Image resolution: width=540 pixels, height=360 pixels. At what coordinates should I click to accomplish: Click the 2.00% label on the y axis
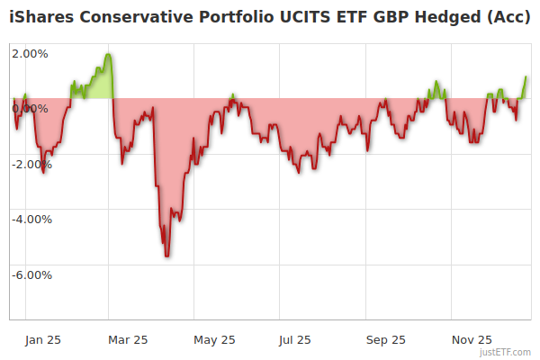coord(30,53)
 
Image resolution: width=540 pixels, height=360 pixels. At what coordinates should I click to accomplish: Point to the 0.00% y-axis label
coord(30,109)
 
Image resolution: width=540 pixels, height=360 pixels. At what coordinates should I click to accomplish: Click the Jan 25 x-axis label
coord(42,339)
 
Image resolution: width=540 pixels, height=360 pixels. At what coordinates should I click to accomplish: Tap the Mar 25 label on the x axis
coord(128,339)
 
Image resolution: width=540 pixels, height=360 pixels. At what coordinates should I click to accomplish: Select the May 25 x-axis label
coord(214,339)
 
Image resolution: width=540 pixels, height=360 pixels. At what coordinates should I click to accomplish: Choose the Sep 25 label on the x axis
coord(386,339)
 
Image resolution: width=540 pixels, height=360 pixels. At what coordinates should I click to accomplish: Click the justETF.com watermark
coord(505,352)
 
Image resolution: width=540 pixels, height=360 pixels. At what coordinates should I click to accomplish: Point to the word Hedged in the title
coord(440,17)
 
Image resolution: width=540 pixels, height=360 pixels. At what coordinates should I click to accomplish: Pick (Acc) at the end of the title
coord(508,17)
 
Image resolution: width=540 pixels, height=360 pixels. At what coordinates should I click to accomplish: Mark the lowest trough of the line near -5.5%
coord(167,256)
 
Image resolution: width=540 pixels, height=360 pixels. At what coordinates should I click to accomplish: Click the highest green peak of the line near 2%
coord(108,54)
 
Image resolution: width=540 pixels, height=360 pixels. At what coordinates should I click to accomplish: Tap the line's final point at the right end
coord(526,76)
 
